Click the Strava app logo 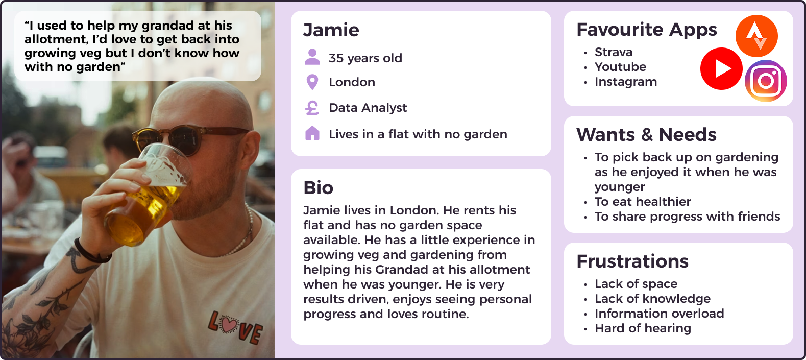click(756, 36)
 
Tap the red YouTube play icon click(721, 68)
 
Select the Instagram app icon click(766, 81)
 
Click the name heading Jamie click(331, 30)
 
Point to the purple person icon click(312, 57)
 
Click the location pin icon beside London click(312, 82)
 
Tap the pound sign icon click(312, 108)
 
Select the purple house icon click(312, 133)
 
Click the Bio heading click(318, 188)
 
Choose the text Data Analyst click(368, 108)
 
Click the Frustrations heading click(632, 261)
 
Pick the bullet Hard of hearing click(643, 328)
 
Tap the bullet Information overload click(659, 314)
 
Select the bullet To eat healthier click(643, 202)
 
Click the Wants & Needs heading click(646, 135)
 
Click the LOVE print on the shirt click(235, 327)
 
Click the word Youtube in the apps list click(620, 67)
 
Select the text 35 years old click(365, 58)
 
